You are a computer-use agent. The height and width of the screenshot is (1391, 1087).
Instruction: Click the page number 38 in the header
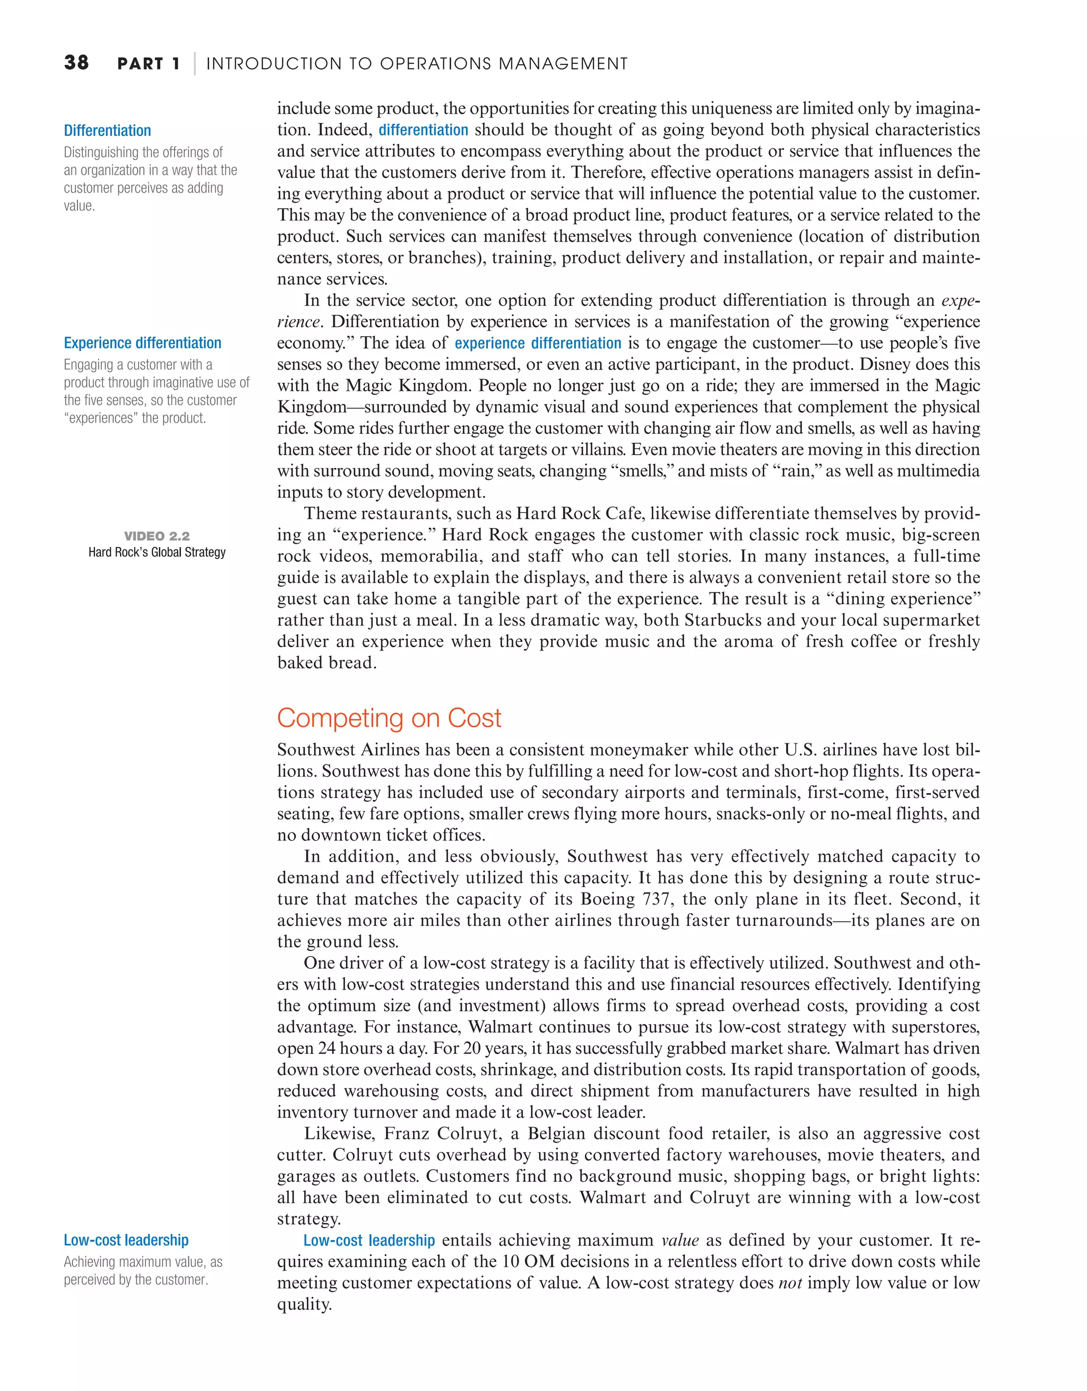point(76,63)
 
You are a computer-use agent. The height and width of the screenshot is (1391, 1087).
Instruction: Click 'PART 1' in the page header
point(149,64)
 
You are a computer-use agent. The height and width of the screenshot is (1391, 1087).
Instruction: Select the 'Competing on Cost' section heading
point(389,718)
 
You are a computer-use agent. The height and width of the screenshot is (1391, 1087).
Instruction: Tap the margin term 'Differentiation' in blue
point(107,131)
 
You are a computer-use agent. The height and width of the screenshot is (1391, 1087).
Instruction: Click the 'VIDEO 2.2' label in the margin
point(157,536)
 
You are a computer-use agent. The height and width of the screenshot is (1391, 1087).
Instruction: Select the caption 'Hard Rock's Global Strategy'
point(157,552)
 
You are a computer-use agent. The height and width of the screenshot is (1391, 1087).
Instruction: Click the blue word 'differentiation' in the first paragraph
point(423,130)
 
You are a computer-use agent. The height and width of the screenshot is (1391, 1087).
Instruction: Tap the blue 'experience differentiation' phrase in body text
point(538,344)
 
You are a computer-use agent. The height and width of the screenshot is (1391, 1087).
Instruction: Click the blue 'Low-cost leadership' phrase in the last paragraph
point(369,1241)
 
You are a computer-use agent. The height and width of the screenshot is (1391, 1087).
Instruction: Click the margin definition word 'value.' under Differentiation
point(79,205)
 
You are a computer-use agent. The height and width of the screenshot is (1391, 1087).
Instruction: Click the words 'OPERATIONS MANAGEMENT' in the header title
point(503,64)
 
